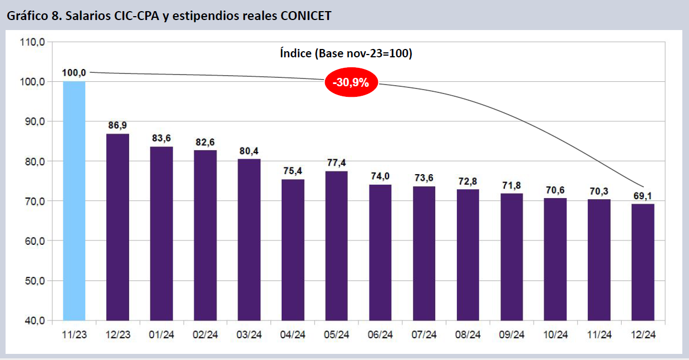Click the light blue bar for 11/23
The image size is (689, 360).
click(74, 200)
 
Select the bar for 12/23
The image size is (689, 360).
click(117, 227)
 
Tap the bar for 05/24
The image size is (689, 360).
click(336, 245)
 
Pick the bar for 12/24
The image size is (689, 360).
click(643, 262)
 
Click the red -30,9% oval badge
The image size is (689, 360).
click(351, 82)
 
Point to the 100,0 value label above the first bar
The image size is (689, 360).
click(74, 73)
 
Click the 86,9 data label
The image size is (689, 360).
click(117, 125)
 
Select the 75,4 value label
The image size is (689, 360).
click(293, 171)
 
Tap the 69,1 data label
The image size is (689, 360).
click(643, 195)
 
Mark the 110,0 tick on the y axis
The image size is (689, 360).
click(33, 42)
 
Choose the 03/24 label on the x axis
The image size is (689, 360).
click(249, 334)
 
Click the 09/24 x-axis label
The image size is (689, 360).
click(511, 334)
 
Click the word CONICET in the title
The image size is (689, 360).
click(306, 16)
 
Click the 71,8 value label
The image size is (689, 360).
click(511, 185)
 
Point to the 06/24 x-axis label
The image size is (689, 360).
click(380, 334)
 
